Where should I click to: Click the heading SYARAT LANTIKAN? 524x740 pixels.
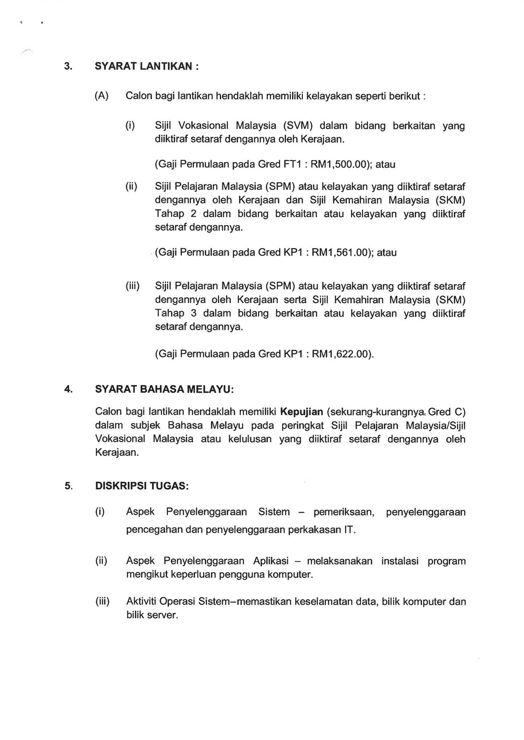147,66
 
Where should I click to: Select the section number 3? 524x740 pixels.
68,66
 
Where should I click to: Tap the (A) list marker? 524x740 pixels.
102,96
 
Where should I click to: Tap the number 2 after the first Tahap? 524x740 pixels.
194,214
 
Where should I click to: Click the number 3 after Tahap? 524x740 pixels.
194,313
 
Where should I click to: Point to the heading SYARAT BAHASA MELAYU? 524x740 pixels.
164,389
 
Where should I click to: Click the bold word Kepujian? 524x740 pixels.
301,412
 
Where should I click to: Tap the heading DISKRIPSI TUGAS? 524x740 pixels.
142,486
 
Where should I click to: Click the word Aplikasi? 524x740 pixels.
271,561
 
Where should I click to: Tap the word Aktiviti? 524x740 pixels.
141,602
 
